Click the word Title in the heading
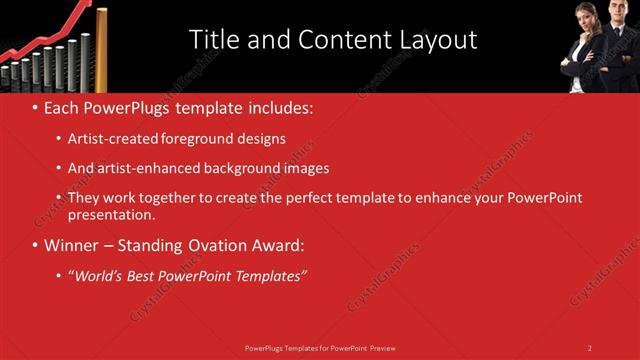[x=213, y=40]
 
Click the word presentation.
[x=112, y=214]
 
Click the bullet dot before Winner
[x=35, y=246]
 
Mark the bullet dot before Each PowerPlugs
[x=35, y=107]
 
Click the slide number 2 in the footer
[x=589, y=348]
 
